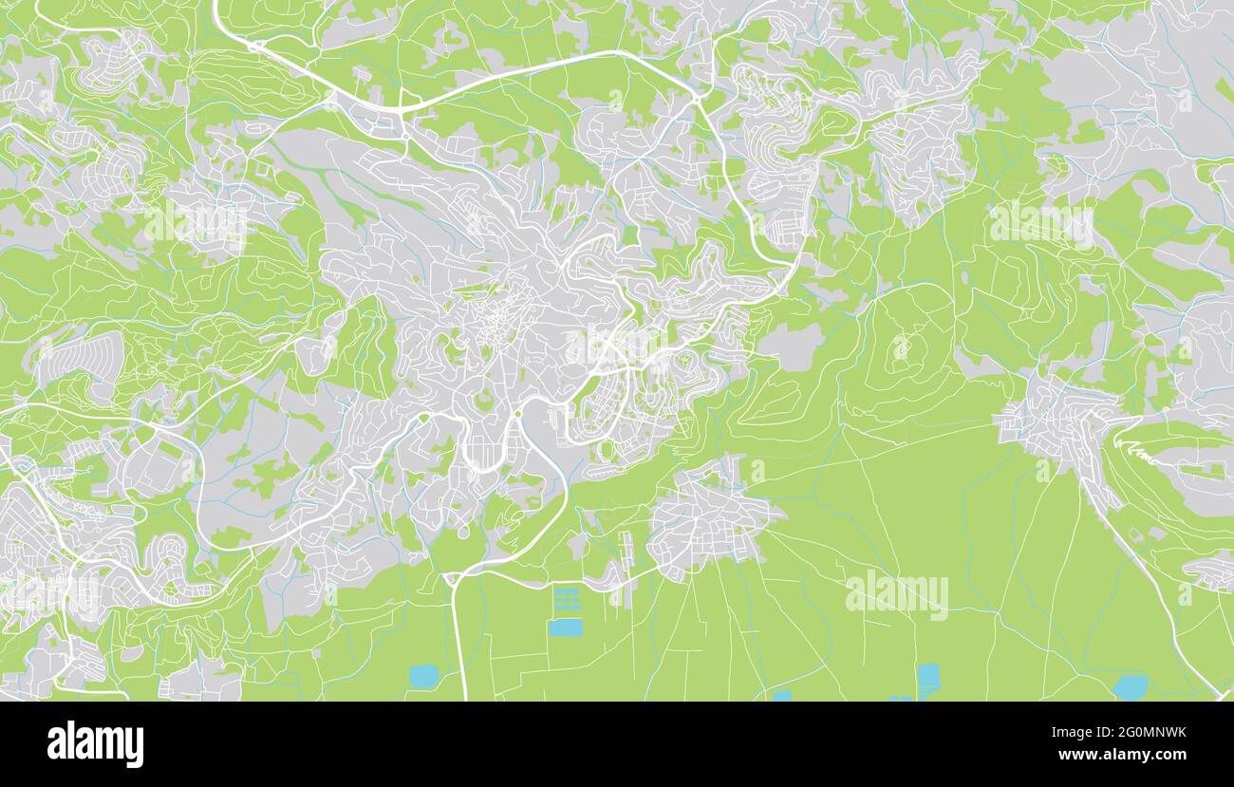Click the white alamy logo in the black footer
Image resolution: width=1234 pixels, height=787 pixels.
tap(95, 743)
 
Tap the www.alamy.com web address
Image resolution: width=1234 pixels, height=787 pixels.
tap(1122, 756)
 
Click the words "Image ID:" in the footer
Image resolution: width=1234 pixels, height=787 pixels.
tap(1078, 732)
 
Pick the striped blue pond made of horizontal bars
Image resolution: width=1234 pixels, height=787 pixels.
tap(565, 600)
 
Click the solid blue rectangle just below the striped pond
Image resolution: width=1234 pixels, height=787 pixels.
tap(565, 628)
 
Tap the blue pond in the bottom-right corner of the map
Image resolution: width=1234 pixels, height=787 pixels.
tap(1129, 685)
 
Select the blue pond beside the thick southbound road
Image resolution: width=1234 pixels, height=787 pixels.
tap(423, 675)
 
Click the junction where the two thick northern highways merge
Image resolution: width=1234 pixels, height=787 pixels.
tap(399, 111)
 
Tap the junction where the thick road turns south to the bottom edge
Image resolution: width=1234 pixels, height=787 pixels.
tap(453, 577)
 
